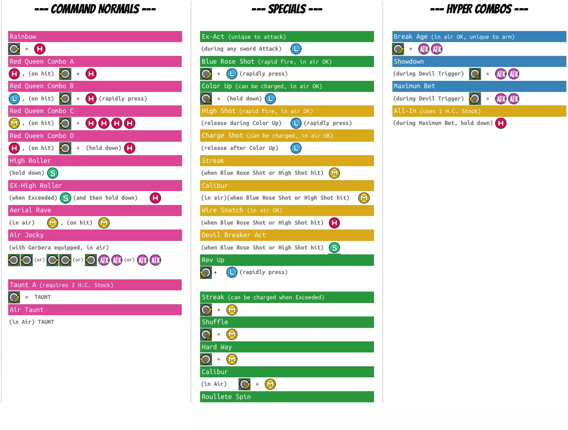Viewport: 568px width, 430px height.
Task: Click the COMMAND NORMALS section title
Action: point(95,9)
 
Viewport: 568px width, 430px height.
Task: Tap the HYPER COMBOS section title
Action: point(479,9)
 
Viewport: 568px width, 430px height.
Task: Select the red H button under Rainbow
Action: point(40,49)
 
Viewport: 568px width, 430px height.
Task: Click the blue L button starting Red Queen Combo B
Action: point(14,98)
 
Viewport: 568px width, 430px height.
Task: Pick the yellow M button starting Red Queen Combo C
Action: point(14,123)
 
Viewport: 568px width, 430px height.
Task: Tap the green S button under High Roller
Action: point(53,173)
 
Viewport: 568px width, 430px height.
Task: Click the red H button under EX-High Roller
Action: point(155,198)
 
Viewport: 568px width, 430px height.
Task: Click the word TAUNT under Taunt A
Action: point(43,297)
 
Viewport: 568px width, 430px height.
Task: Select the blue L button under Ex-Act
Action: point(296,49)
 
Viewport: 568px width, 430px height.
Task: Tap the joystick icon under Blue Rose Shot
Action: point(206,74)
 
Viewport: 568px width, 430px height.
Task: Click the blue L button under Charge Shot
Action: point(296,148)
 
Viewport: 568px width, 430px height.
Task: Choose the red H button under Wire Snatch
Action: point(334,223)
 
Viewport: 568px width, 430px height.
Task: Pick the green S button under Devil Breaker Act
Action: point(334,247)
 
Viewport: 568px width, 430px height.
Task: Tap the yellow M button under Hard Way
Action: point(232,359)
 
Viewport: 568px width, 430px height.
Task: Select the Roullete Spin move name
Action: point(226,397)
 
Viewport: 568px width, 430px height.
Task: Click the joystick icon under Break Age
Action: point(398,49)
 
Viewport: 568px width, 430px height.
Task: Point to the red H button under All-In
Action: point(501,123)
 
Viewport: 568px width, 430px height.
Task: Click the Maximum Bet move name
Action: point(414,86)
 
